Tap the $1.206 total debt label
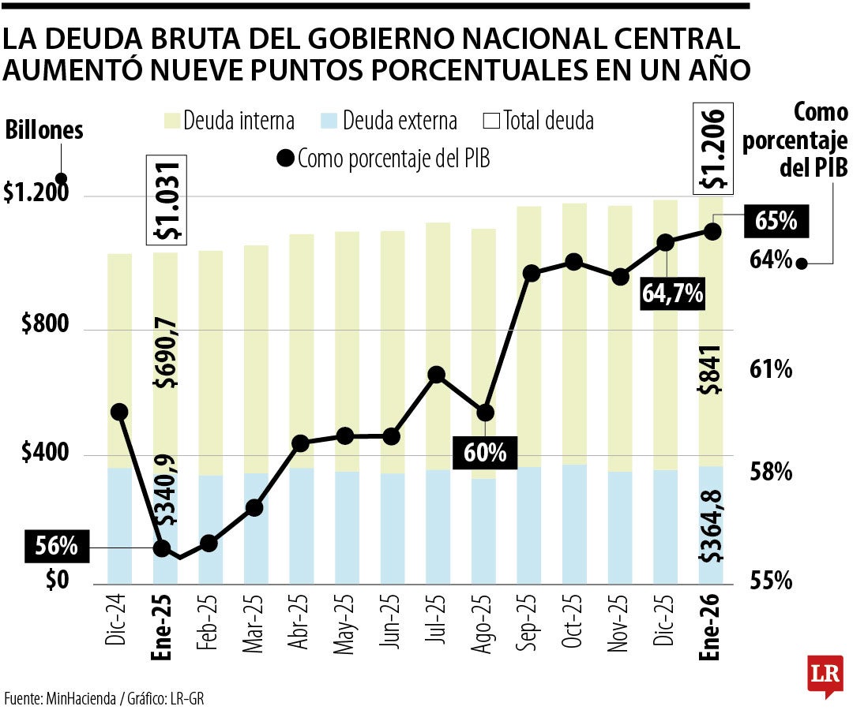713,148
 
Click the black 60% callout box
484,453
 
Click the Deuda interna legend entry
229,121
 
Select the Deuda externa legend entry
389,121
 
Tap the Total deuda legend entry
538,121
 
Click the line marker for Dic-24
119,412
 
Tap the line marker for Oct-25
574,262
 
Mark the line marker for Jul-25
436,375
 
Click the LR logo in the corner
825,676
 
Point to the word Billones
44,131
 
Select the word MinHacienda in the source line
78,697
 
